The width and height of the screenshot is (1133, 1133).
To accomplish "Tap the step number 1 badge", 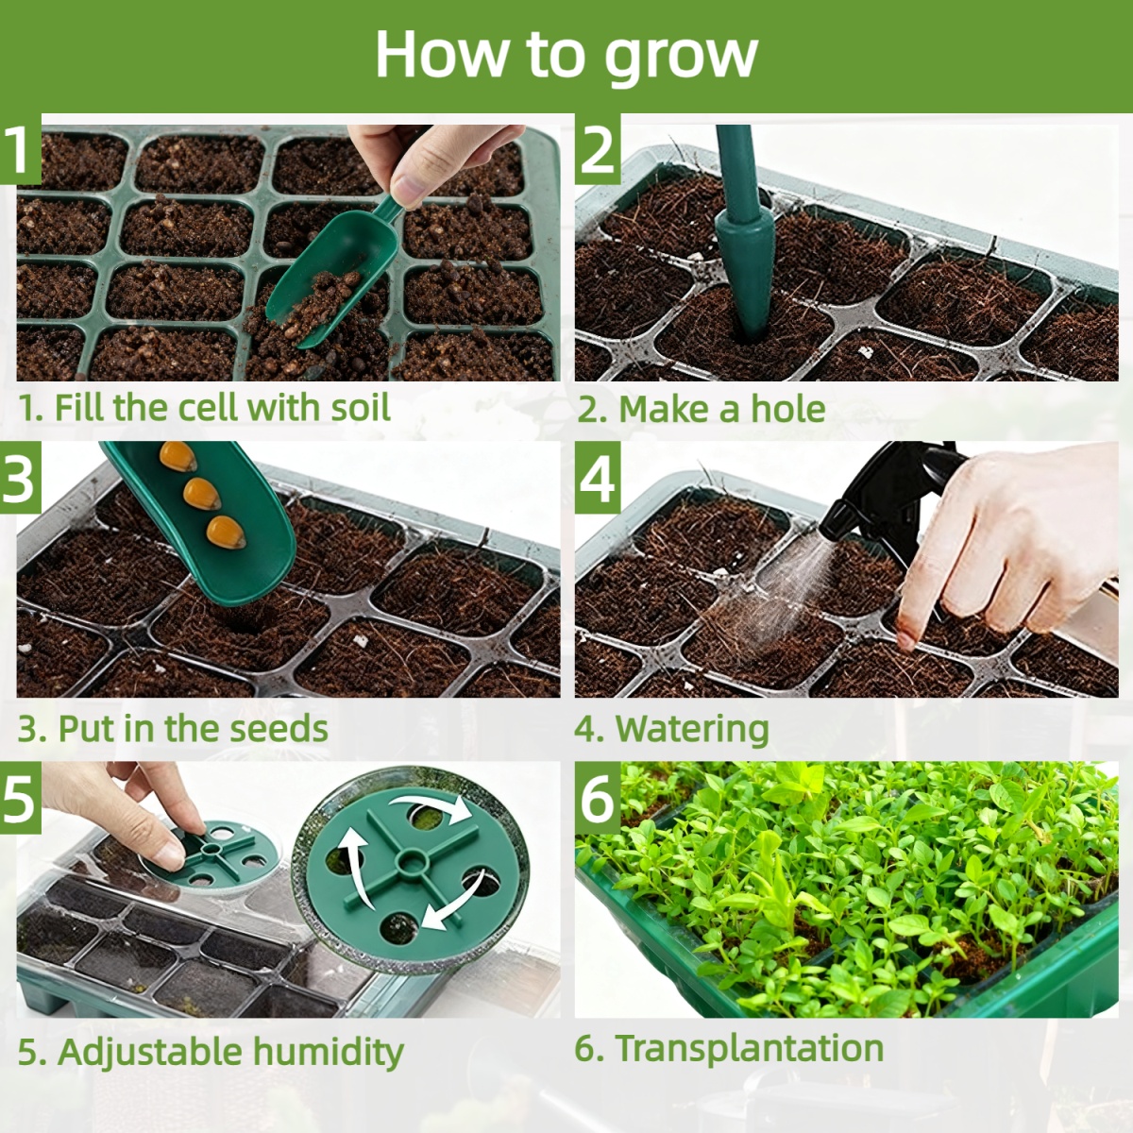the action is point(21,149).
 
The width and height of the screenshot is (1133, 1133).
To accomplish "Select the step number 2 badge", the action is point(598,149).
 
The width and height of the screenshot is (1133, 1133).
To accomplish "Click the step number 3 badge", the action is point(21,478).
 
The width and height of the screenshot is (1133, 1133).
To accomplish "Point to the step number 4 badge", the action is point(598,478).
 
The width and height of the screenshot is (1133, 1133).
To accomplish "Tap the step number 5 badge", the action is point(21,798).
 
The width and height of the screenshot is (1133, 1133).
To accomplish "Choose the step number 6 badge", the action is point(598,798).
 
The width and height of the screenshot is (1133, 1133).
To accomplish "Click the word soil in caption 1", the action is point(361,407).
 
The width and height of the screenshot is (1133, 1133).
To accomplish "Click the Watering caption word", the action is point(692,730).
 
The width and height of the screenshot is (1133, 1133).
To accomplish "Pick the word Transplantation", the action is point(749,1047).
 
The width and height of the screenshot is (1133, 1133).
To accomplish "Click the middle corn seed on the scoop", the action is point(201,493).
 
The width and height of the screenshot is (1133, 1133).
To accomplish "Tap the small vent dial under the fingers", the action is point(216,852).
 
